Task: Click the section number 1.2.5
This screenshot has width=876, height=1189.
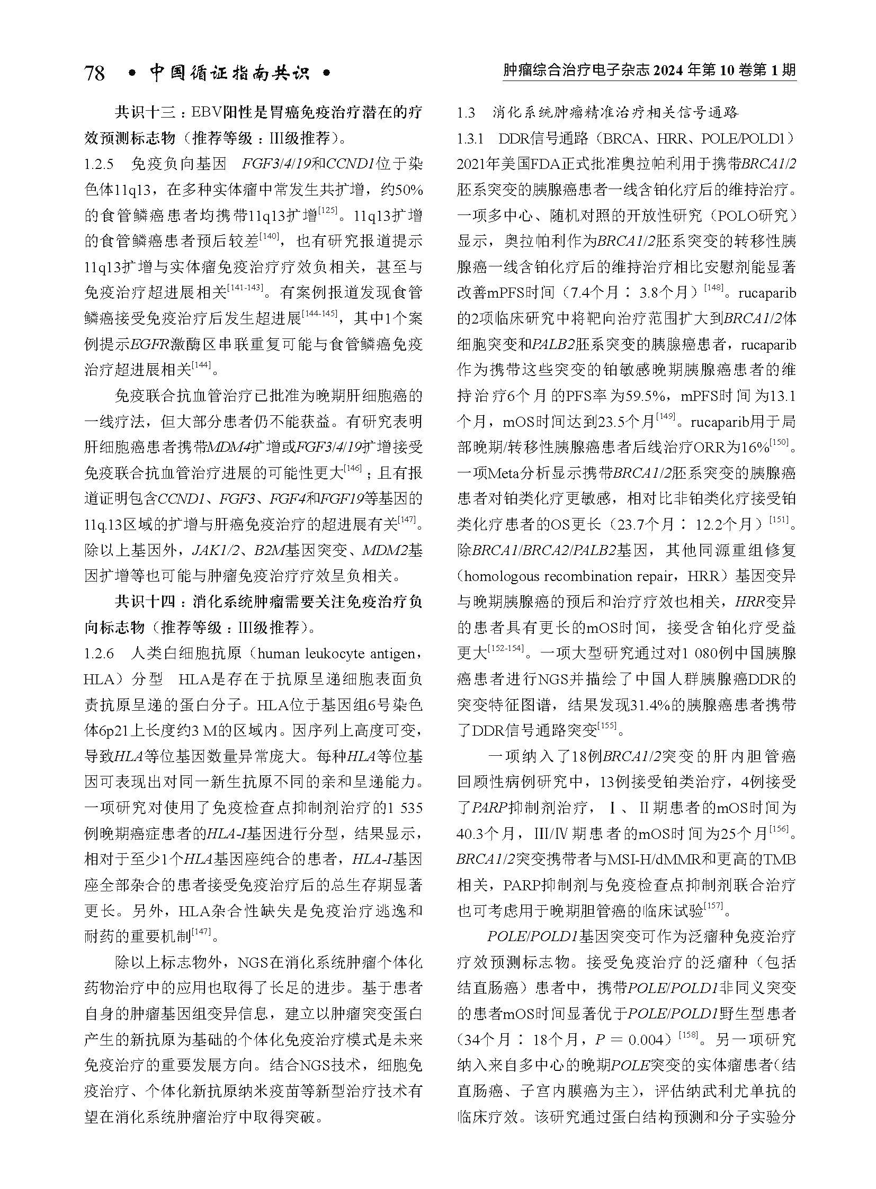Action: coord(99,164)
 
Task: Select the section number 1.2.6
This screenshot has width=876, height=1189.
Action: coord(99,654)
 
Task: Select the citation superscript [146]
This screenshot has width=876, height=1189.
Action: coord(353,468)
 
